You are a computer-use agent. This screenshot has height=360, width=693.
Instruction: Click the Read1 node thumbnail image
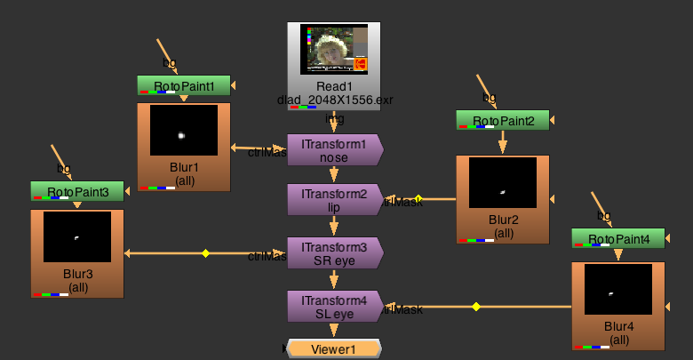click(333, 49)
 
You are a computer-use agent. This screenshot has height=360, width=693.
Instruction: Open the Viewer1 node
click(333, 349)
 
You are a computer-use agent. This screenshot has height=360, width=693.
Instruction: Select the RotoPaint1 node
click(184, 86)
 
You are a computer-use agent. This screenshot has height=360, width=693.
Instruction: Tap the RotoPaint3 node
click(77, 191)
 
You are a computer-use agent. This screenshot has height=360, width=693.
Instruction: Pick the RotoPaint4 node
click(618, 238)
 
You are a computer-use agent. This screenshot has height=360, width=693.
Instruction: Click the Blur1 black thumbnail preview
click(184, 131)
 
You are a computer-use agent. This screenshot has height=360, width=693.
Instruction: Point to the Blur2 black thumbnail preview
click(503, 183)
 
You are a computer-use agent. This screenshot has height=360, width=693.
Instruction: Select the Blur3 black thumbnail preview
click(77, 236)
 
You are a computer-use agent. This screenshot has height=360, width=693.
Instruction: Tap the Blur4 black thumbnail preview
click(618, 289)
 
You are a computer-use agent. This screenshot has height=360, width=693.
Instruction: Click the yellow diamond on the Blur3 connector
click(205, 253)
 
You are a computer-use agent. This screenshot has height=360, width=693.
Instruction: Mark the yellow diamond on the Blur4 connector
click(476, 307)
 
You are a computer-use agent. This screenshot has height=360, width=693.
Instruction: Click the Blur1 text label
click(184, 166)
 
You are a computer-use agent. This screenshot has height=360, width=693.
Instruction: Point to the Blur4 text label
click(618, 326)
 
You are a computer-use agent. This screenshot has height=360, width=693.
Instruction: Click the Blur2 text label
click(503, 220)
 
